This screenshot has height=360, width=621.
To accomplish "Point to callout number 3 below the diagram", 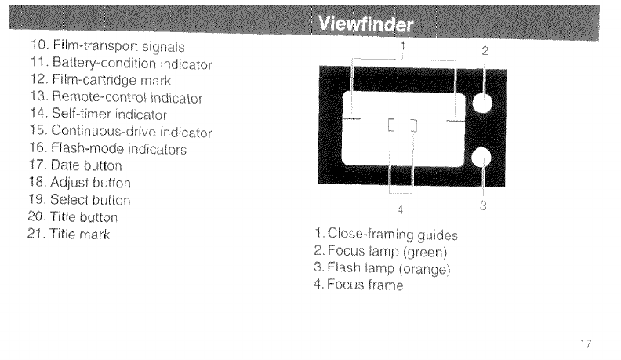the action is (483, 207).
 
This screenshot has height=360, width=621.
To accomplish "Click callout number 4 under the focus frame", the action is (400, 209).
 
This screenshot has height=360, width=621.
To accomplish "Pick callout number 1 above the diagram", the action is (402, 45).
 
